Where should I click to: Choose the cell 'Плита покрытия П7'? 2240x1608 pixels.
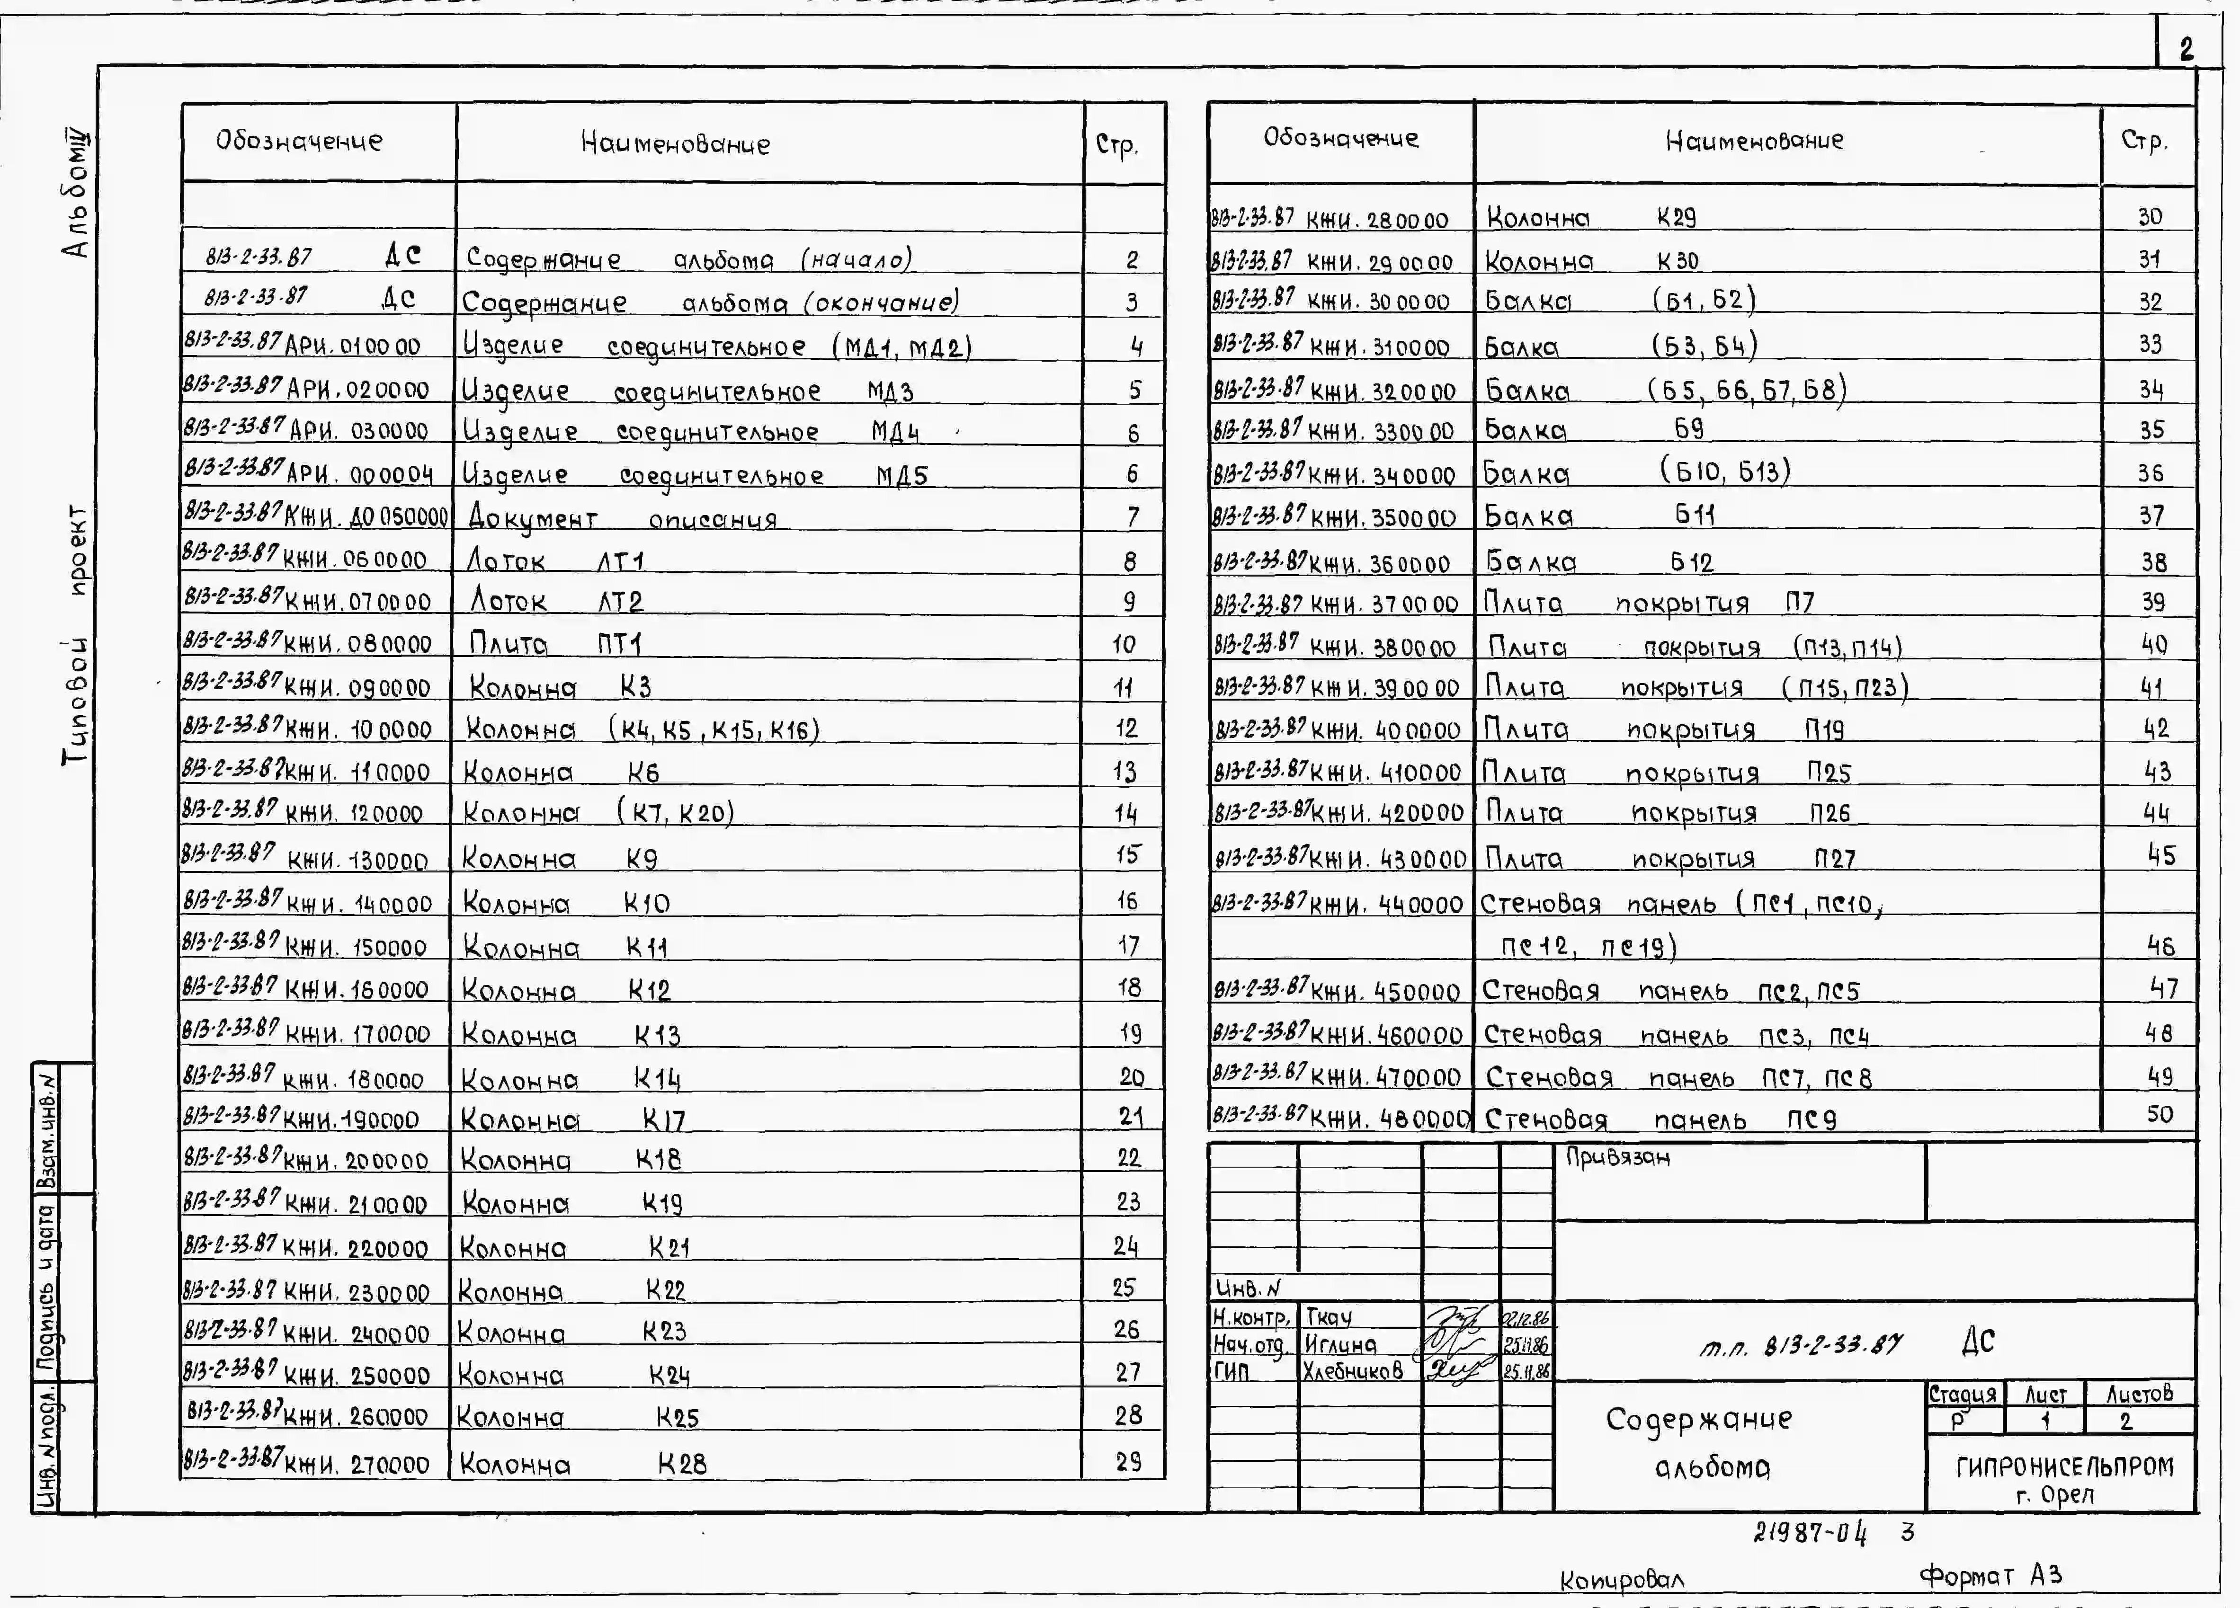pos(1650,602)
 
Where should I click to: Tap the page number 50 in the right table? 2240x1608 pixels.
pos(2159,1114)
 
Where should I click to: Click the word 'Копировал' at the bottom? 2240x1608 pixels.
pos(1622,1581)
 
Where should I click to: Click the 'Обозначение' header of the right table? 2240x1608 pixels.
pos(1340,138)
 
